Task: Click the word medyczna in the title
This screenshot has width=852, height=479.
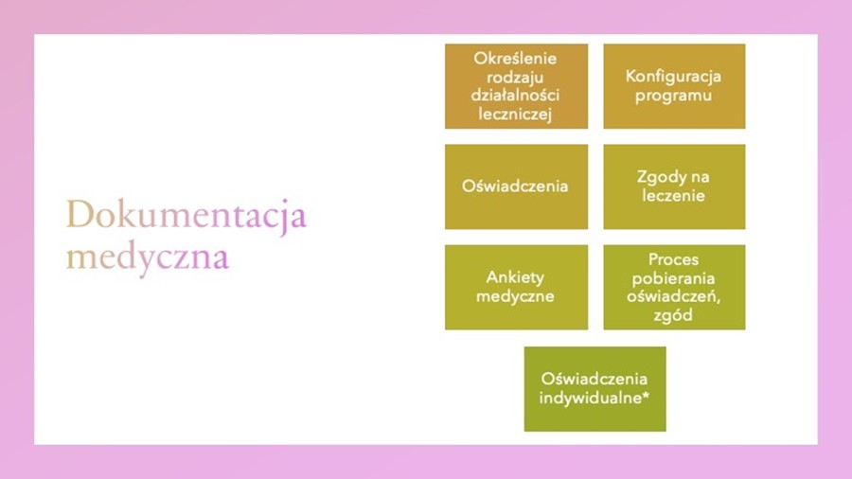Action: tap(148, 257)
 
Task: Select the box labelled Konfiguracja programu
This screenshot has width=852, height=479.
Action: tap(674, 86)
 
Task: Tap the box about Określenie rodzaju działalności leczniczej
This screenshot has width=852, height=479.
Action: tap(516, 86)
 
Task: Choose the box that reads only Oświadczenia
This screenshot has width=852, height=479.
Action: tap(516, 186)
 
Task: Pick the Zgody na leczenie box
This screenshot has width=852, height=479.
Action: tap(674, 186)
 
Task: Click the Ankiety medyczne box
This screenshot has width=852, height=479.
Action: tap(516, 287)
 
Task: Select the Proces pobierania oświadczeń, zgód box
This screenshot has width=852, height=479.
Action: tap(674, 287)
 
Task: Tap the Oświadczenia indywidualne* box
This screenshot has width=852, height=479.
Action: tap(595, 389)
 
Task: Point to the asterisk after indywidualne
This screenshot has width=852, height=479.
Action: tap(646, 395)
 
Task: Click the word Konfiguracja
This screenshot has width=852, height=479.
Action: tap(673, 77)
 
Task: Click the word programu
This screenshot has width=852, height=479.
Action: tap(673, 97)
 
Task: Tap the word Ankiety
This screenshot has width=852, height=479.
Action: tap(515, 277)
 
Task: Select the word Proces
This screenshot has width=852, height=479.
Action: tap(673, 259)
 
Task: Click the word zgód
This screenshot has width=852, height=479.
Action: tap(673, 315)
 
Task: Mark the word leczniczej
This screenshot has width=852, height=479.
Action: tap(515, 114)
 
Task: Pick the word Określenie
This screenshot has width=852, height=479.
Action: tap(515, 58)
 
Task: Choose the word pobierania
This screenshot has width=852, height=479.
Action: tap(673, 278)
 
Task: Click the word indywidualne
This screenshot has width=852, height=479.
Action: tap(590, 398)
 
